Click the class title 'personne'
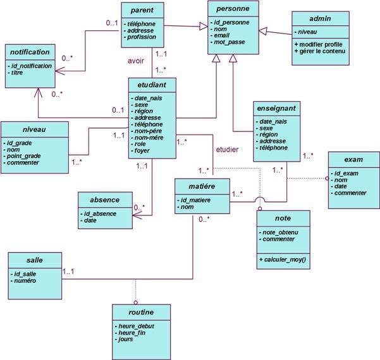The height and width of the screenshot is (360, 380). (232, 9)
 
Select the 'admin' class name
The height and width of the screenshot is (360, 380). (320, 19)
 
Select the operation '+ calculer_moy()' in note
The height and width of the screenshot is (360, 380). (282, 259)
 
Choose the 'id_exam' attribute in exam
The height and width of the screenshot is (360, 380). (347, 174)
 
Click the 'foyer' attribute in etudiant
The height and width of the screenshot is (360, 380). (142, 151)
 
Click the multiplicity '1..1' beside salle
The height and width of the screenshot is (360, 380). (70, 272)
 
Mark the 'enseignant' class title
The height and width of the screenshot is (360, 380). (275, 109)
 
